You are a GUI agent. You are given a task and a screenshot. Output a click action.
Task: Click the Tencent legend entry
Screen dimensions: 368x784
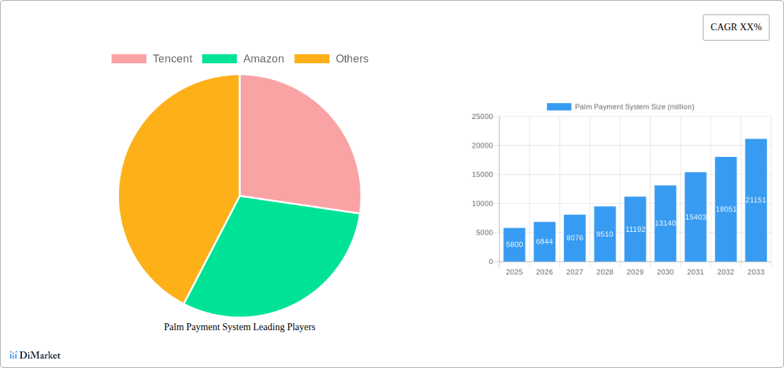point(152,59)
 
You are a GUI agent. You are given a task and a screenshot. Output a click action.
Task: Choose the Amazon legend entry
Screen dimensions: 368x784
point(243,59)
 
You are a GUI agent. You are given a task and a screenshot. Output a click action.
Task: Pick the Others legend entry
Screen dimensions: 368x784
point(331,59)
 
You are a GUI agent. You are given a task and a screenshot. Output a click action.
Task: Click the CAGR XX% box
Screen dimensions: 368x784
point(736,28)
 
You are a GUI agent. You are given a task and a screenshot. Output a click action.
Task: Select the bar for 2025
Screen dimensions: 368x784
point(514,245)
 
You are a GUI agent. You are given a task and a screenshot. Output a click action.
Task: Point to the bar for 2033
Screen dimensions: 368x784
point(756,200)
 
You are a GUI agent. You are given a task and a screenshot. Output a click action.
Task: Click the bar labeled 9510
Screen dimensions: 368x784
point(605,234)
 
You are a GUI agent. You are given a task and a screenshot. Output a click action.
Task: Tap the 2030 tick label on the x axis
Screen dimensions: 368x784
point(665,272)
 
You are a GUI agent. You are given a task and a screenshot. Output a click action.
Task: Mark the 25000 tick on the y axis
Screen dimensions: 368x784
point(482,117)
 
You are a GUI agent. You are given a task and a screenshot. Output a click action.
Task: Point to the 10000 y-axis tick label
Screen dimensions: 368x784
point(482,204)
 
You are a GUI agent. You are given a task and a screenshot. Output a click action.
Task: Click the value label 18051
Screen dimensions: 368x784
point(726,209)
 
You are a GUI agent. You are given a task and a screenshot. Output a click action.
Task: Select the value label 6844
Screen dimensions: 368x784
point(544,241)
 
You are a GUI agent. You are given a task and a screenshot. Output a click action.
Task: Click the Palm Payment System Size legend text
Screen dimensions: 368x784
point(634,107)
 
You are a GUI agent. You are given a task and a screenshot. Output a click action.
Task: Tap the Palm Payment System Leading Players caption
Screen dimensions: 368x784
point(239,327)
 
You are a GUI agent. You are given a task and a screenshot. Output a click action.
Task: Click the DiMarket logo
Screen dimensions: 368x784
point(35,356)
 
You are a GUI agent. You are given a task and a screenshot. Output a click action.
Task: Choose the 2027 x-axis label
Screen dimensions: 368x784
point(574,272)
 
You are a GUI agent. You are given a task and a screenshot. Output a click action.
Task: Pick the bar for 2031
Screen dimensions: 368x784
point(695,217)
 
